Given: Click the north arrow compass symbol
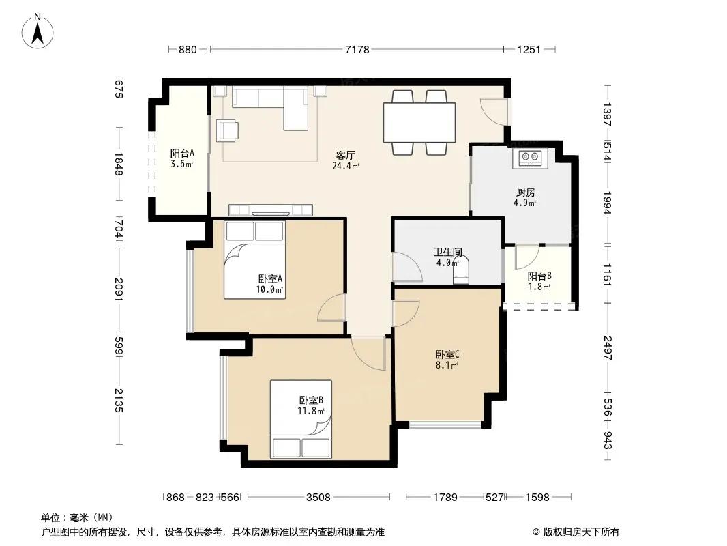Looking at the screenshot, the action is pyautogui.click(x=38, y=31).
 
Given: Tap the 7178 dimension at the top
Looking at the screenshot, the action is pyautogui.click(x=357, y=49).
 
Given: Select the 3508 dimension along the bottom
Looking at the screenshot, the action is pyautogui.click(x=318, y=498).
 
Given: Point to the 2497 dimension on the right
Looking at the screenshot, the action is pyautogui.click(x=608, y=348).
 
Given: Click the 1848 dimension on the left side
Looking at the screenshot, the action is pyautogui.click(x=118, y=164).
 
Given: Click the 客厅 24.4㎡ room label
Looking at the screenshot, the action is pyautogui.click(x=346, y=160).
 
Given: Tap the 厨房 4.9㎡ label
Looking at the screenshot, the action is pyautogui.click(x=525, y=197).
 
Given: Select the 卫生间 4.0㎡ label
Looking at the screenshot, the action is pyautogui.click(x=448, y=257).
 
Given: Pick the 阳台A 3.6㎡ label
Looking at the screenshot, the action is pyautogui.click(x=181, y=158).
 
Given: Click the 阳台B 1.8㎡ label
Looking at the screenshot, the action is pyautogui.click(x=539, y=281).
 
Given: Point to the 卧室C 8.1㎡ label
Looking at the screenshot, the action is pyautogui.click(x=447, y=360).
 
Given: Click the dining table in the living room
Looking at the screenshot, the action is pyautogui.click(x=419, y=122).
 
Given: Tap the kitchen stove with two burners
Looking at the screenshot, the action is pyautogui.click(x=530, y=158).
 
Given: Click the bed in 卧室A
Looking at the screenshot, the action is pyautogui.click(x=254, y=260).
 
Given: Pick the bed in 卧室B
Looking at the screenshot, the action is pyautogui.click(x=301, y=419).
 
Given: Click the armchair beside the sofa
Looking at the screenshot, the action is pyautogui.click(x=227, y=130).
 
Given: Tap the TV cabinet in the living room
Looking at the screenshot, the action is pyautogui.click(x=271, y=210).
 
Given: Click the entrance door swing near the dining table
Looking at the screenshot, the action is pyautogui.click(x=494, y=111).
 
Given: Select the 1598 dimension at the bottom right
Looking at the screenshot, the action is pyautogui.click(x=537, y=498).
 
